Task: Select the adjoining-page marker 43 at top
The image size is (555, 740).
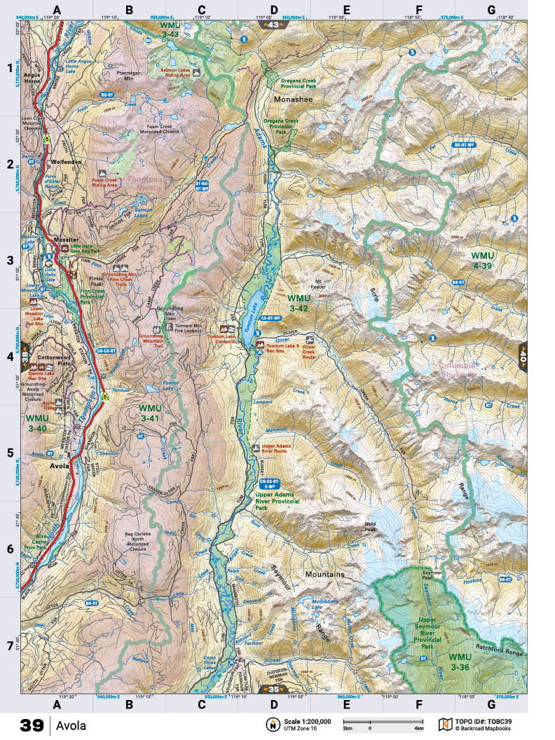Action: tap(273, 25)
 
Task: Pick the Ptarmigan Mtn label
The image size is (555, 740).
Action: tap(128, 74)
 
